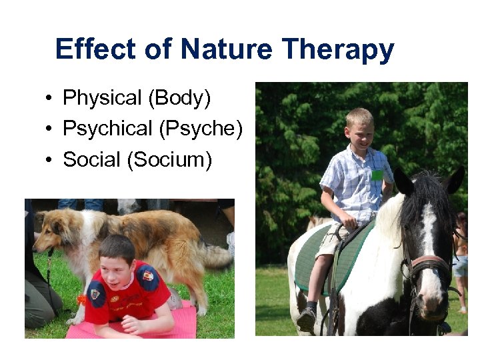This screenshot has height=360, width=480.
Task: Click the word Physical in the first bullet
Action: pos(103,99)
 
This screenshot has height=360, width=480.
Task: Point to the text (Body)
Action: pos(180,99)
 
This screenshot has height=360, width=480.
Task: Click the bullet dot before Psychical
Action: pos(50,129)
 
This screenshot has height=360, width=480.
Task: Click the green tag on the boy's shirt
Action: pos(377,175)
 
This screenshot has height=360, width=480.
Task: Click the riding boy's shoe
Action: pos(307,319)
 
